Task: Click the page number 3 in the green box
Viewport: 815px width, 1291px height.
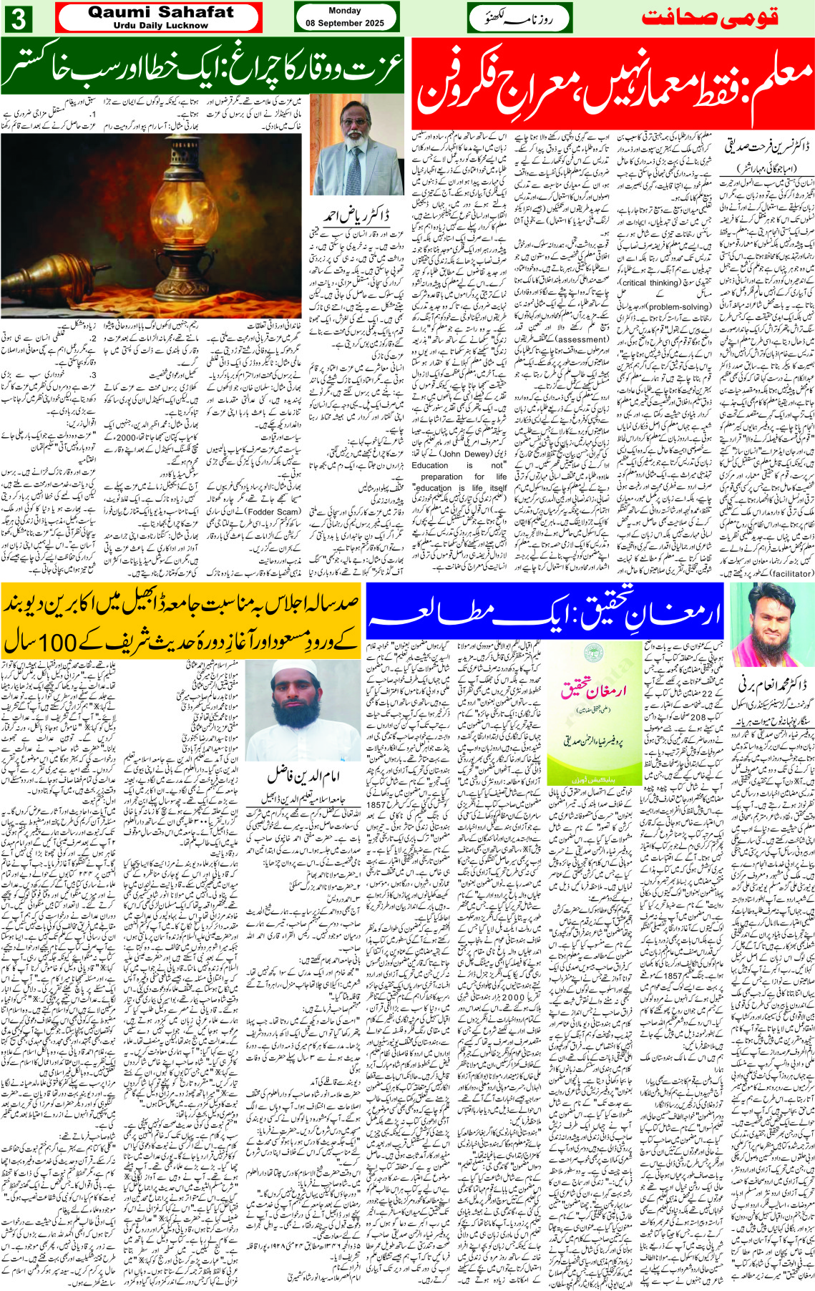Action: [19, 19]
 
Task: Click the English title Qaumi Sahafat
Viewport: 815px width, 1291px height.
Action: [160, 12]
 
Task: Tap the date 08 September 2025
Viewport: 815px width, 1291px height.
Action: [345, 23]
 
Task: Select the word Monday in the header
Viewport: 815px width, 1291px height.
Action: [345, 11]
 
